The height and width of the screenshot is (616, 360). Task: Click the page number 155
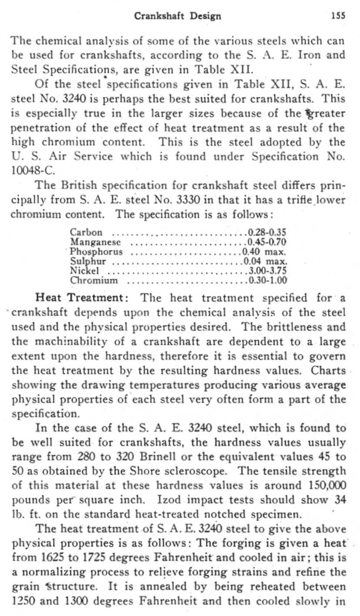pyautogui.click(x=338, y=16)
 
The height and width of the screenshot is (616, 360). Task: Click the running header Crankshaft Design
pyautogui.click(x=177, y=17)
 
